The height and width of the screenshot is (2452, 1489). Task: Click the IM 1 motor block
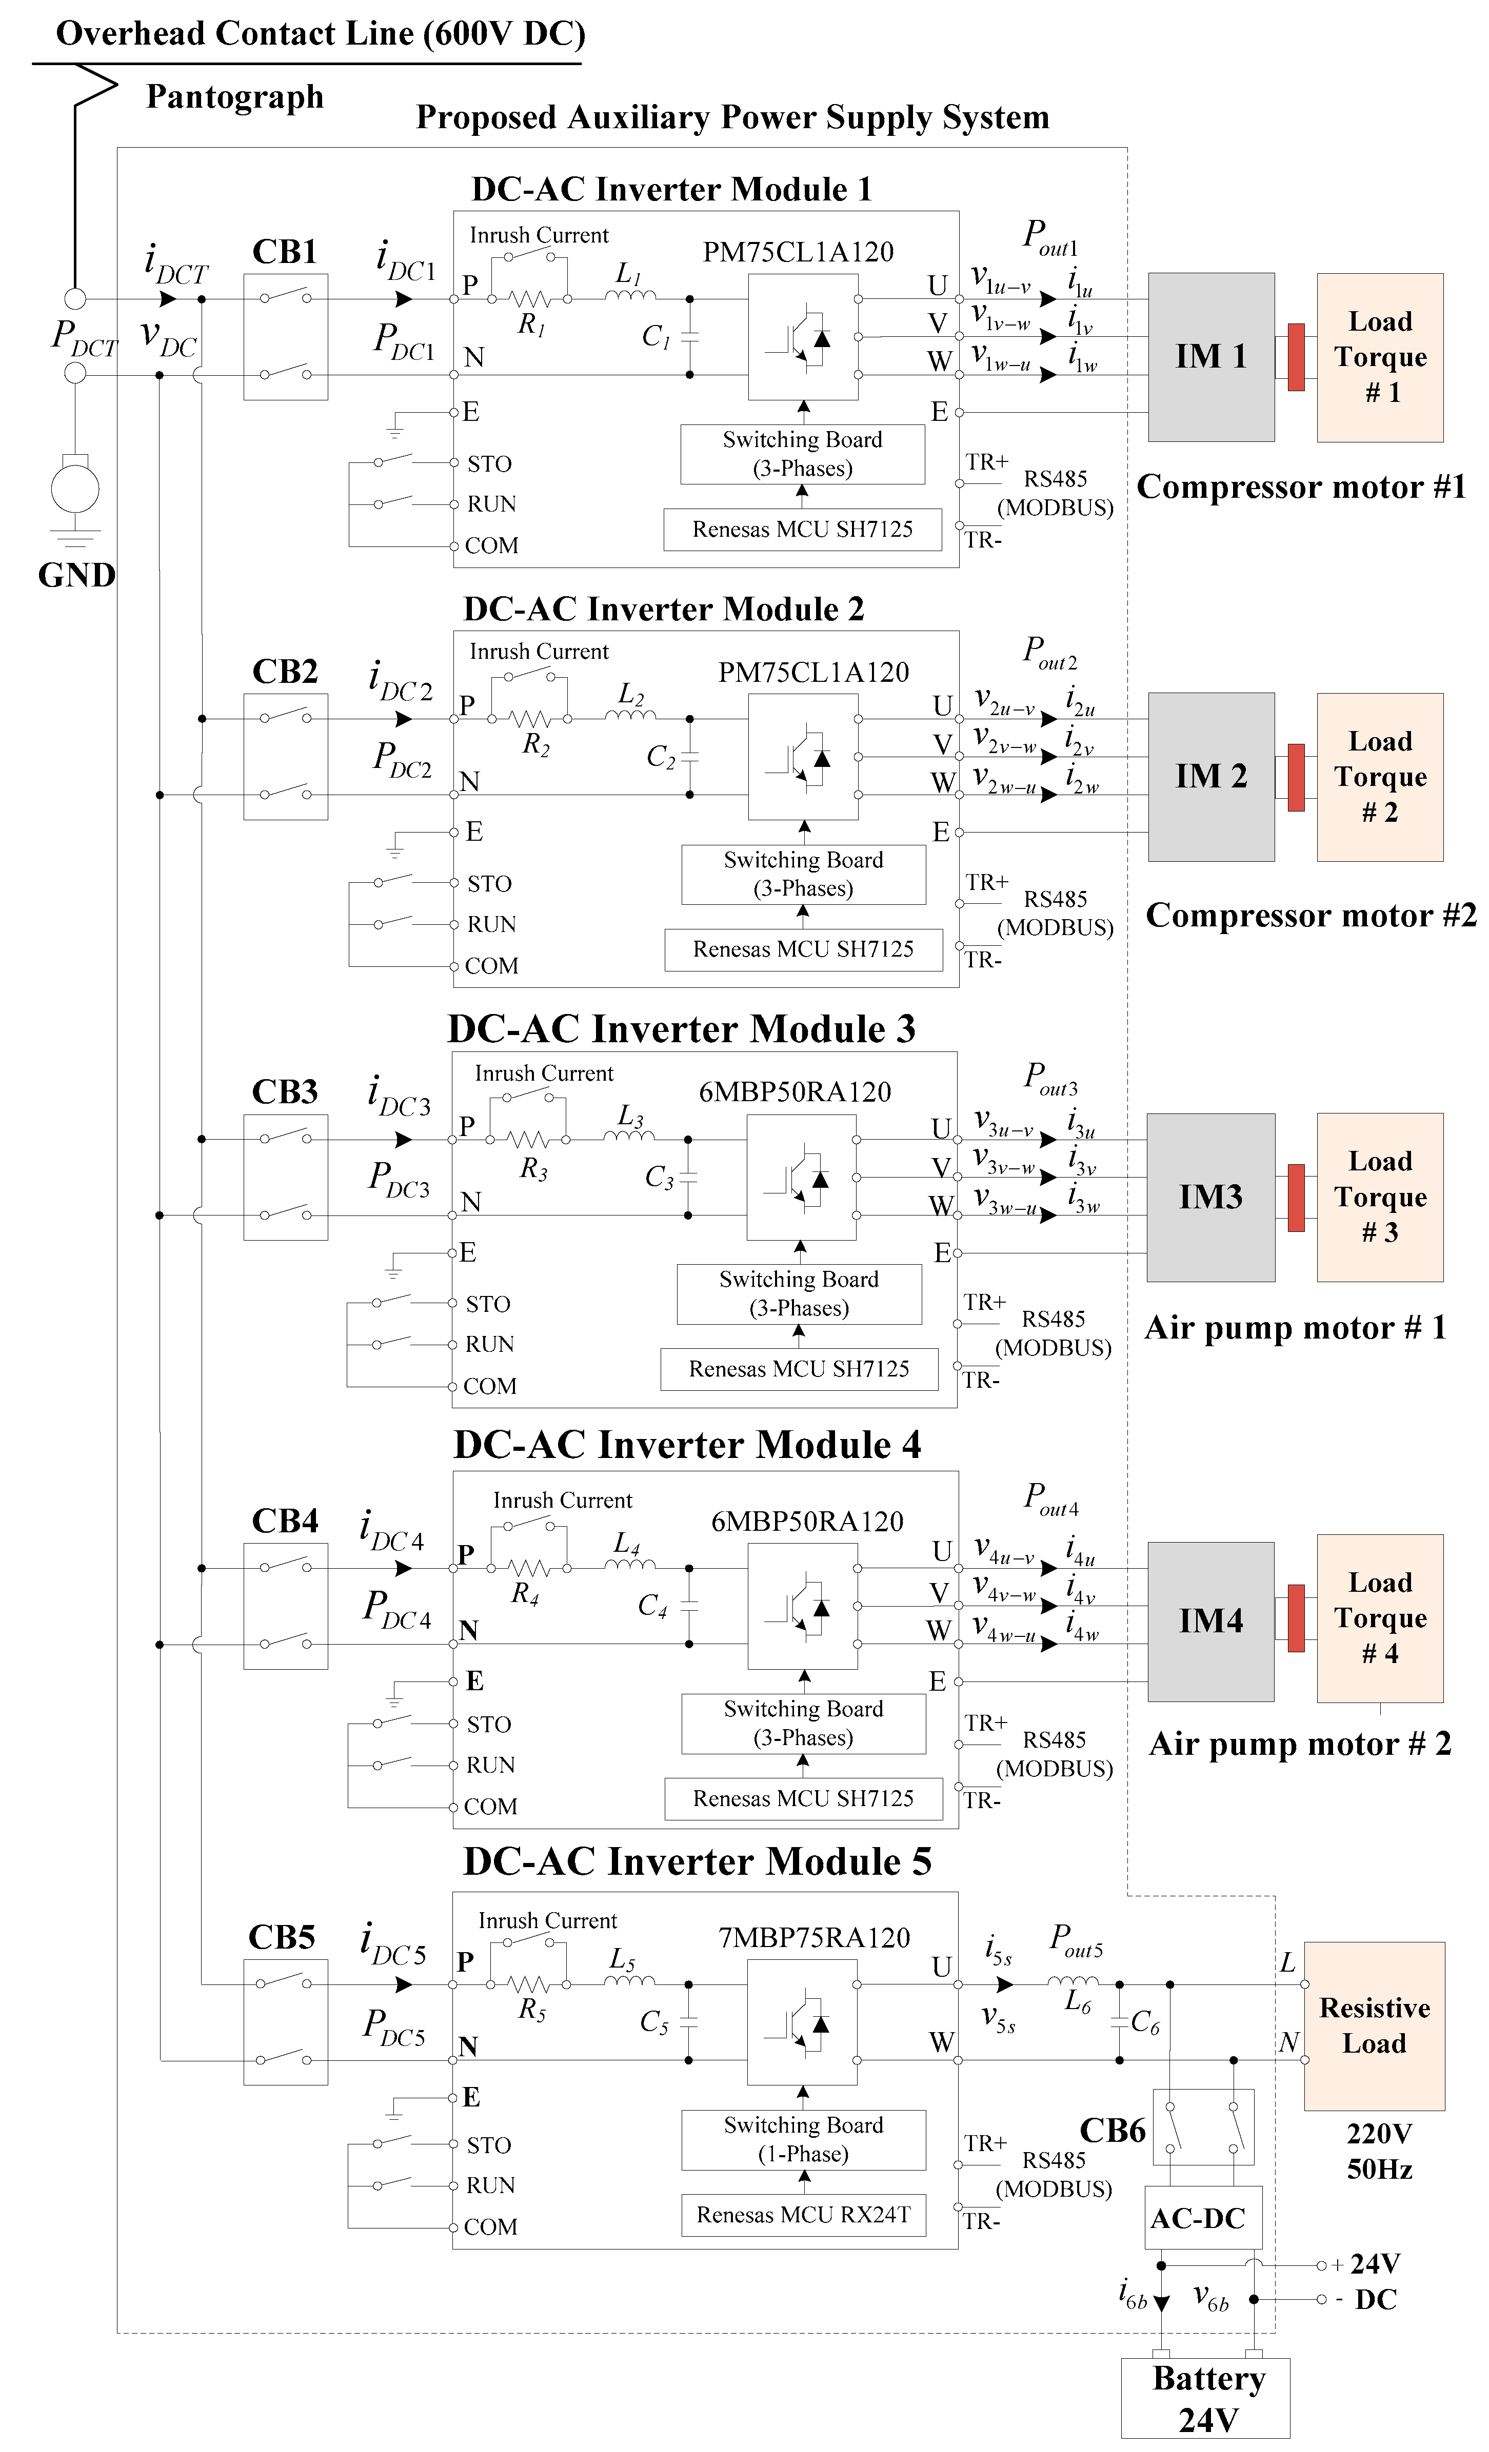(x=1210, y=356)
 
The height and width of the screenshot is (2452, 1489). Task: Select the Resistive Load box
(x=1374, y=2025)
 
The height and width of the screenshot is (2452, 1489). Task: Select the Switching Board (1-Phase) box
(x=803, y=2139)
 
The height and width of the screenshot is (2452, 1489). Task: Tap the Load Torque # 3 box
(x=1380, y=1196)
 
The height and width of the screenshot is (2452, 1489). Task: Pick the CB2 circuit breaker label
(x=285, y=672)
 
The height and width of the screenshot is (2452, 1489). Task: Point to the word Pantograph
(x=235, y=96)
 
